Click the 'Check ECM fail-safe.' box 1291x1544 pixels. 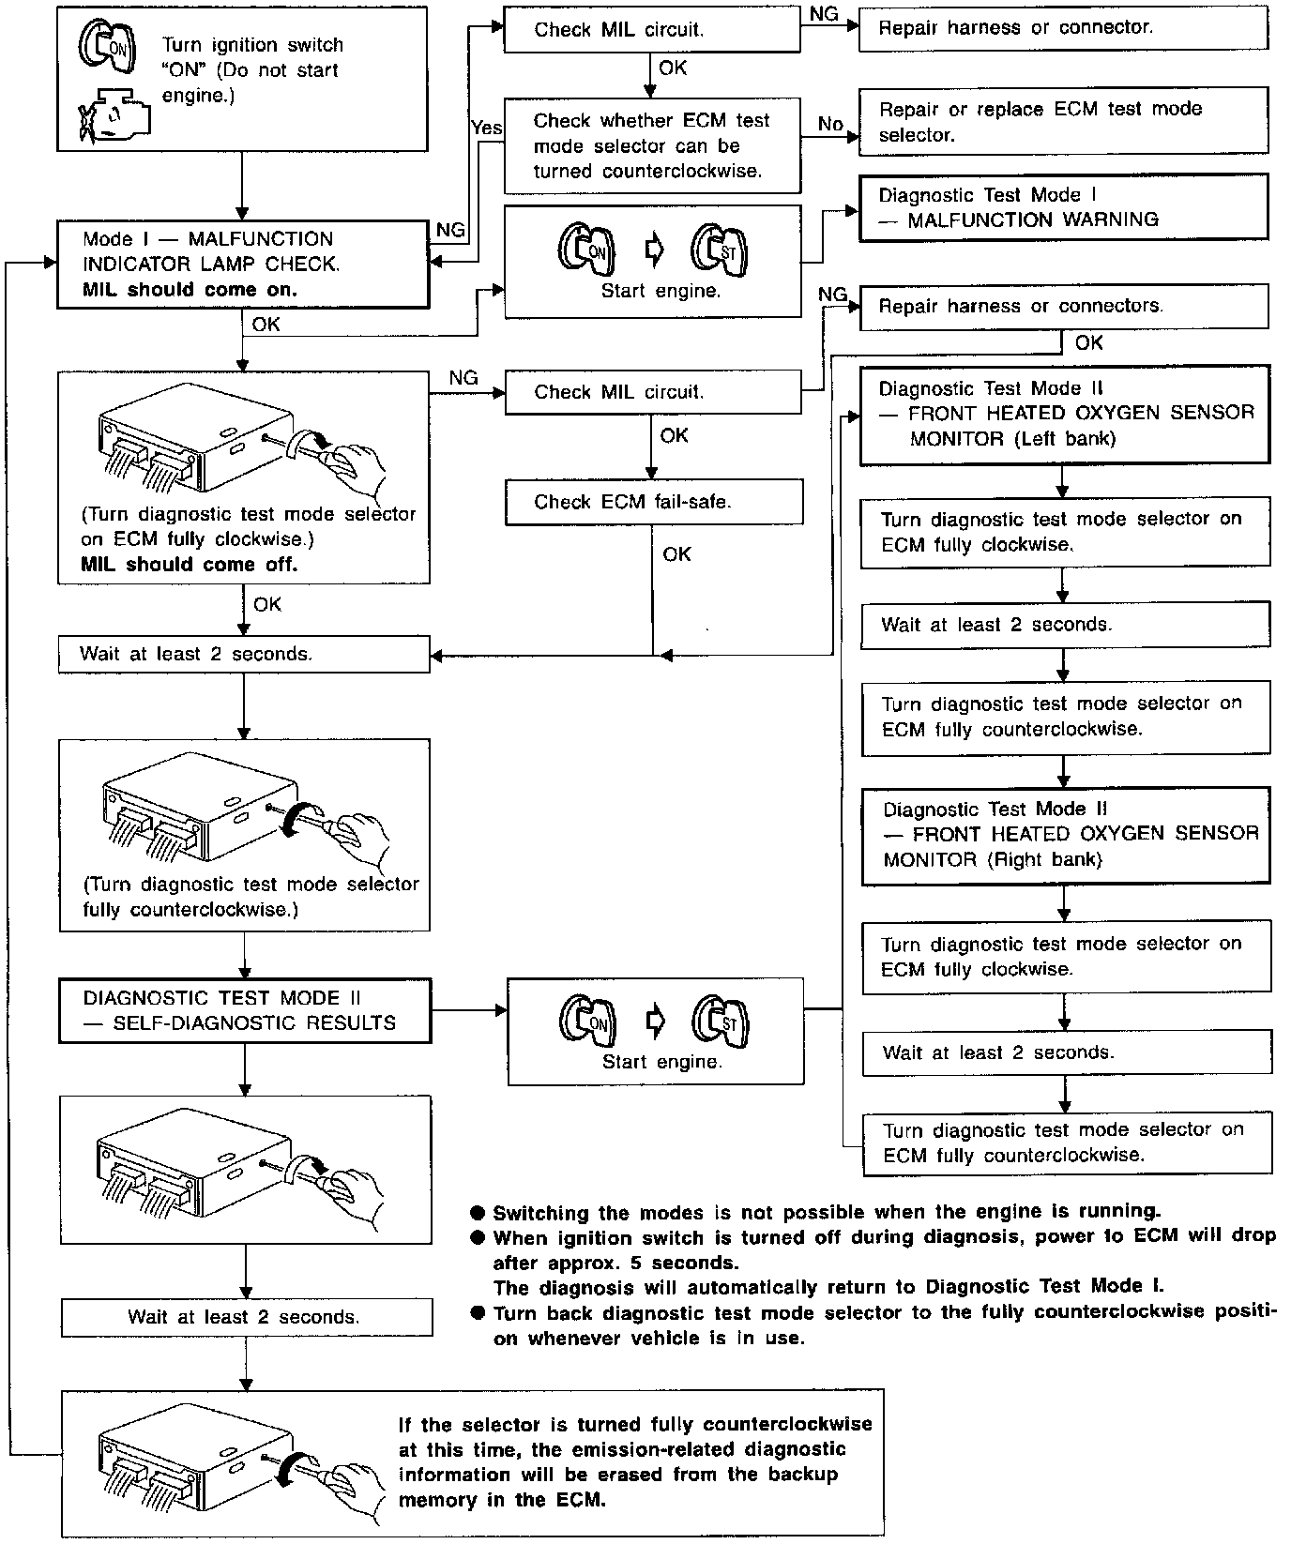tap(654, 502)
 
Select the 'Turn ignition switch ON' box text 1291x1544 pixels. tap(252, 70)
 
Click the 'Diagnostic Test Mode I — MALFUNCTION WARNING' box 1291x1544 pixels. tap(1063, 207)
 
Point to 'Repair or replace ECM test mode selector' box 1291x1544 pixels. tap(1063, 122)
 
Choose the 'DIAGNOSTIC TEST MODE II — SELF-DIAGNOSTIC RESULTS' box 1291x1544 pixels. tap(244, 1011)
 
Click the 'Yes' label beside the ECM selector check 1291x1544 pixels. tap(486, 128)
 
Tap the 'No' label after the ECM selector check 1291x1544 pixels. tap(830, 124)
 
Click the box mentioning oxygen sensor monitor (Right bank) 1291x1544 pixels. tap(1067, 834)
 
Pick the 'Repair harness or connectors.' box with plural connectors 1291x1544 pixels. tap(1063, 307)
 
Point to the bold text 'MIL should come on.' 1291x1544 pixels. tap(190, 290)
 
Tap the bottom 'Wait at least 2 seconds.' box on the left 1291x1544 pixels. tap(246, 1317)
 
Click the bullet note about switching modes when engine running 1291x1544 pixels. tap(826, 1211)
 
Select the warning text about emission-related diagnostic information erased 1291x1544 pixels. tap(634, 1461)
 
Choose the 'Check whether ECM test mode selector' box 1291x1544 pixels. tap(652, 146)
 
